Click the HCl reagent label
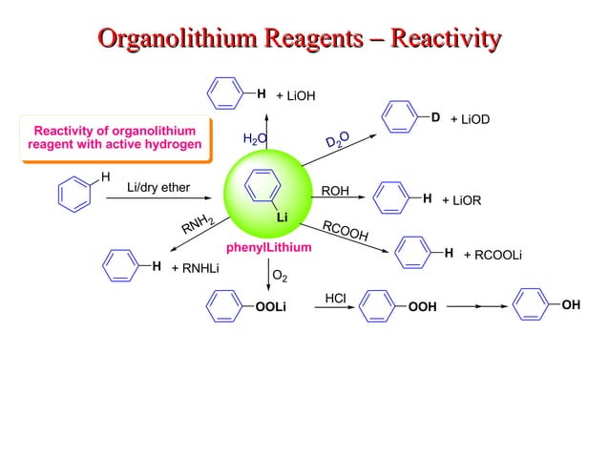(335, 298)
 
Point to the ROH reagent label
(335, 191)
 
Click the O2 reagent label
(280, 276)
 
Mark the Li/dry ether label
(158, 187)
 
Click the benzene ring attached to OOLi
(224, 306)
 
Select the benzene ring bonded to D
(399, 117)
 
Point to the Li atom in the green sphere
(283, 218)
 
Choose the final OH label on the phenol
(571, 304)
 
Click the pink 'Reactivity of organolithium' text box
(115, 137)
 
